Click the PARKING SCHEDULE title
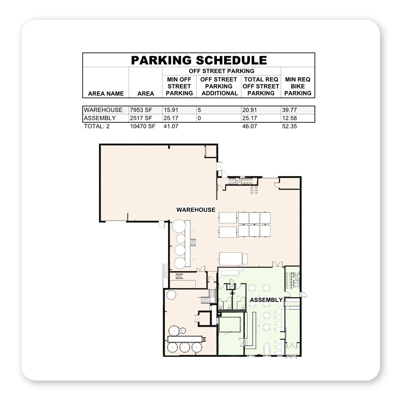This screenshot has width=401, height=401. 199,60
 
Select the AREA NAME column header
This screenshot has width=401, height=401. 106,93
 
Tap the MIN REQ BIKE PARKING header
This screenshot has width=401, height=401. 298,86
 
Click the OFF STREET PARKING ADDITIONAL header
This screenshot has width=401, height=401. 219,86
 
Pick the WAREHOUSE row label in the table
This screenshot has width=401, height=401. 103,110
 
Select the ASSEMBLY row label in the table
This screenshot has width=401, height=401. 100,118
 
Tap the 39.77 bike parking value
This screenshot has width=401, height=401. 290,110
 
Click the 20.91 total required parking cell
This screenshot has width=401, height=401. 250,110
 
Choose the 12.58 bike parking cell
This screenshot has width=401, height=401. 290,118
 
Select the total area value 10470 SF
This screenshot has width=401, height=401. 142,126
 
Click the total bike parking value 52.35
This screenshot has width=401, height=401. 290,126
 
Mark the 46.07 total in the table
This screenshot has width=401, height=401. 250,126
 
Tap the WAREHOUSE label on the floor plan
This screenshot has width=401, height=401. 196,210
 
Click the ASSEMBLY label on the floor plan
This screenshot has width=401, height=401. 266,300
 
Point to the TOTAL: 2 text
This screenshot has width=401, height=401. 97,126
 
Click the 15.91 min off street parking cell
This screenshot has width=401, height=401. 171,110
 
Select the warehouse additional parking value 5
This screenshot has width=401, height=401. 199,110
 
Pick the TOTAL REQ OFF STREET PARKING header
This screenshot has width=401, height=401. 261,86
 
